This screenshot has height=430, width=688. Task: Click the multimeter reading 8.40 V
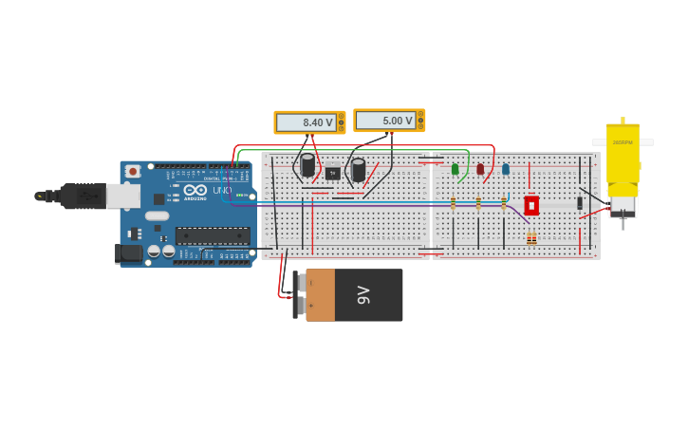point(309,122)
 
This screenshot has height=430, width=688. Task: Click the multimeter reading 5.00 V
point(389,121)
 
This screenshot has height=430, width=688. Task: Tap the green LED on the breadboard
point(455,169)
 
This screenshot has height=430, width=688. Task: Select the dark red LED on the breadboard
point(480,169)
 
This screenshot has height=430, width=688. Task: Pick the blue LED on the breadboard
point(506,169)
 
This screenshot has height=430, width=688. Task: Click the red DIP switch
point(531,205)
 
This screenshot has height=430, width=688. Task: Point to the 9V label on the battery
point(363,295)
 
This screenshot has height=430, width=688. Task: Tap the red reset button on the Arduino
point(132,171)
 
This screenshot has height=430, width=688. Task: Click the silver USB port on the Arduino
point(122,196)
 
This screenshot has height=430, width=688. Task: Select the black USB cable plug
point(82,196)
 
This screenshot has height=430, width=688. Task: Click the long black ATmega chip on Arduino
point(213,235)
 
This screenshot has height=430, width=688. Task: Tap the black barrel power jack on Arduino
point(128,253)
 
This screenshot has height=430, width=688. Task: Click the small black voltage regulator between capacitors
point(333,173)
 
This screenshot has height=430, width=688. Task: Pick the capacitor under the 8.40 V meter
point(307,165)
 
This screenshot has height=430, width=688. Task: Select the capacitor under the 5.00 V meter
point(358,170)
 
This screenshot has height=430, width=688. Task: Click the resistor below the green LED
point(454,203)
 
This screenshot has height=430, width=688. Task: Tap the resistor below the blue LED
point(504,203)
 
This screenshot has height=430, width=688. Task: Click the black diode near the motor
point(580,202)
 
